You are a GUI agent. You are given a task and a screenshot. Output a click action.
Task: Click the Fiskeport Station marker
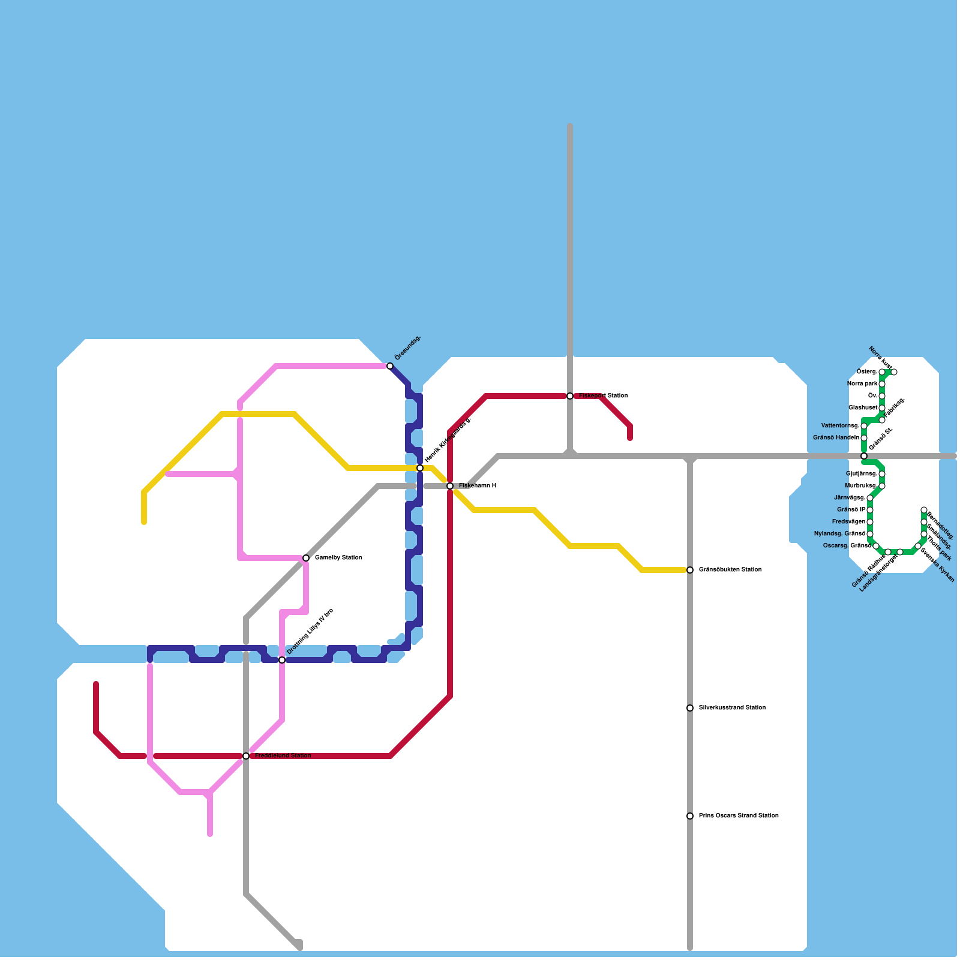570,396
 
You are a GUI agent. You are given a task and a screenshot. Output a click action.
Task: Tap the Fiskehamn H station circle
450,486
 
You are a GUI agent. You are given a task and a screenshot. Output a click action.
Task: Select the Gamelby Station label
338,558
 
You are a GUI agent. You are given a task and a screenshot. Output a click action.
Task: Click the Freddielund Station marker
246,756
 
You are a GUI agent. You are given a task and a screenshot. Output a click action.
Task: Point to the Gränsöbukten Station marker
690,570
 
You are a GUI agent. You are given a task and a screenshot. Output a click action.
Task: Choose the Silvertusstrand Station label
732,708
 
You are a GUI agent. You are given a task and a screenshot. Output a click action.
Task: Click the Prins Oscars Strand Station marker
690,816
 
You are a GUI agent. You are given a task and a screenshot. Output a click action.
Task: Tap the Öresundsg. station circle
390,366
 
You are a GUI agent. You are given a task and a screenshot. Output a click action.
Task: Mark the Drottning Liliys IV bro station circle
282,660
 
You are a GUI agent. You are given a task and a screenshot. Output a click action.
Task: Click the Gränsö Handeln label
836,438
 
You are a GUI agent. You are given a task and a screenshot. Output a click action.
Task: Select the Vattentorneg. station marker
864,426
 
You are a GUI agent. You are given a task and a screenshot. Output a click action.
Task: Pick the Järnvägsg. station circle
870,498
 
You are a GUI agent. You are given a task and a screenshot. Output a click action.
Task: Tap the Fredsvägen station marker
870,522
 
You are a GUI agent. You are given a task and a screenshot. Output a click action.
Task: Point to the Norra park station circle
882,384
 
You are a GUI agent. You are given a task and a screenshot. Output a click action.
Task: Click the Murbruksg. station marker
882,486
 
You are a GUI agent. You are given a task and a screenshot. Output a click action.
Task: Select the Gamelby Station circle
306,558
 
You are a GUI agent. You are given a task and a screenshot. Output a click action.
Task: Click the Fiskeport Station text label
603,396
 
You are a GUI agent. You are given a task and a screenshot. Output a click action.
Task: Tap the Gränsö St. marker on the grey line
864,456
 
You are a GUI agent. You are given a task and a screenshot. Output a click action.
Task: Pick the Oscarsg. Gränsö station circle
876,546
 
